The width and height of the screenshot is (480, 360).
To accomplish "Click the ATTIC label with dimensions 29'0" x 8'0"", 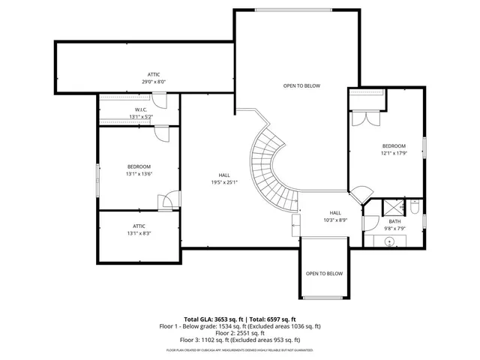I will pos(153,77).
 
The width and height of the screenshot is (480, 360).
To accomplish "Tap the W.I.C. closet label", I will pos(140,112).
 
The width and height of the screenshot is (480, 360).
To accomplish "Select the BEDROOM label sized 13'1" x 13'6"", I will pos(139,169).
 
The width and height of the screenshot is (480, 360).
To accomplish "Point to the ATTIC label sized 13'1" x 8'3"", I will pos(139,229).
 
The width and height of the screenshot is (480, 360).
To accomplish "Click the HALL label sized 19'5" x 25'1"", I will pos(224,177).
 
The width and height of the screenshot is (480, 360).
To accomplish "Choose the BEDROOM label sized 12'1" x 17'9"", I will pos(394,149).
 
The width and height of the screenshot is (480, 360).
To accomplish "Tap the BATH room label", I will pos(394,224).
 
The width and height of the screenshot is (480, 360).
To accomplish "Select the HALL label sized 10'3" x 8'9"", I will pos(334,216).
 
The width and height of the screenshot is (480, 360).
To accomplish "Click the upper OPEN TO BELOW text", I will pos(301,85).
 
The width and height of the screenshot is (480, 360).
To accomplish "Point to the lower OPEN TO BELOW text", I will pos(324,274).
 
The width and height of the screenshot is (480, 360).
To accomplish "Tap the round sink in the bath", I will pos(390,241).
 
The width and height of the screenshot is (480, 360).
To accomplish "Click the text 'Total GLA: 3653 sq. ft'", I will pos(211,319).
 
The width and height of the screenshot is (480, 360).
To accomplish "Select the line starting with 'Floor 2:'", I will pos(240,333).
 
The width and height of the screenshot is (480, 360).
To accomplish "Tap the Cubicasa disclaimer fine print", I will pos(240,350).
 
